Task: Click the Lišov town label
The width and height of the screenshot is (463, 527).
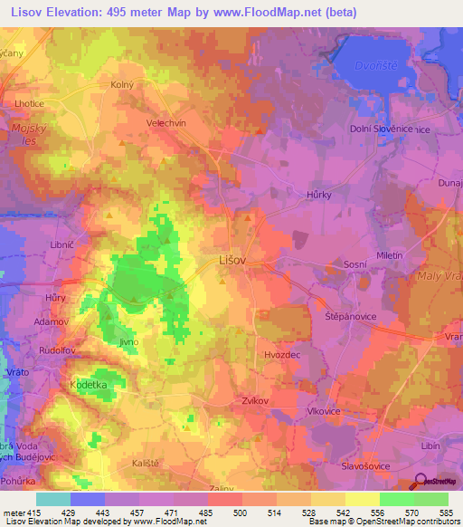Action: pyautogui.click(x=233, y=259)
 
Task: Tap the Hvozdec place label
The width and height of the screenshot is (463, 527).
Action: pyautogui.click(x=282, y=355)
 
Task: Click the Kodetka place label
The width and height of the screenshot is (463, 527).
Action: pyautogui.click(x=89, y=384)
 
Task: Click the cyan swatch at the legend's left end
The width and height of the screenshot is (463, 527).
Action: pyautogui.click(x=53, y=499)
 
